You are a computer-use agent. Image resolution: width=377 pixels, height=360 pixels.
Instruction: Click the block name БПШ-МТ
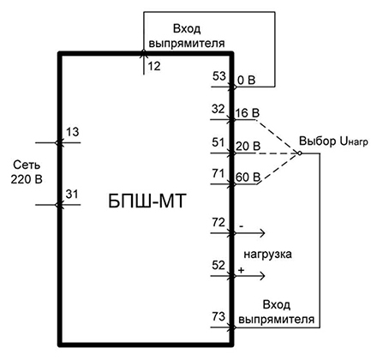point(147,201)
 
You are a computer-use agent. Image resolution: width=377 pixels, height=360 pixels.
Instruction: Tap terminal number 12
point(154,66)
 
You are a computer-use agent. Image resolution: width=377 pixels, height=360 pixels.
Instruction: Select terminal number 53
point(219,76)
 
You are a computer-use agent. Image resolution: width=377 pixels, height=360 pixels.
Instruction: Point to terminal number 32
point(218,109)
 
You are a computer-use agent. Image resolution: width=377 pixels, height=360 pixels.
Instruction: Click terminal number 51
point(218,142)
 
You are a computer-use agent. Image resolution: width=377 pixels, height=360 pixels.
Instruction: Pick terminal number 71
point(218,173)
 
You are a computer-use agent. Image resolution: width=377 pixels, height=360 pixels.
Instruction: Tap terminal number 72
point(218,222)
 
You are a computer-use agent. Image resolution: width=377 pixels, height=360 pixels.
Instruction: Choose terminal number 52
point(218,265)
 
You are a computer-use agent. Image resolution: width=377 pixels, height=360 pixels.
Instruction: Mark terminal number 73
point(218,316)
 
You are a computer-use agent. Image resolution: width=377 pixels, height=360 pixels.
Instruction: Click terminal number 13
point(72,132)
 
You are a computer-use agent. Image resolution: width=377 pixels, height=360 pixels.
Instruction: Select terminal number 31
point(72,195)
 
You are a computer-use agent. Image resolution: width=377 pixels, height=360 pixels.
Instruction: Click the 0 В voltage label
point(247,81)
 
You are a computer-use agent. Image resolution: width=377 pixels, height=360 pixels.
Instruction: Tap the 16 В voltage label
point(248,113)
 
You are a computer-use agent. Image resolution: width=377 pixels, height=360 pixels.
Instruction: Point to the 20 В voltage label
point(248,147)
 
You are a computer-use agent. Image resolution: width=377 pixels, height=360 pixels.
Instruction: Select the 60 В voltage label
point(248,177)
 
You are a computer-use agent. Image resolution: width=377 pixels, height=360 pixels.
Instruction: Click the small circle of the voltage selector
point(300,153)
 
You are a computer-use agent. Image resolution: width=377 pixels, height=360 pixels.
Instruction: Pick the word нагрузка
point(267,255)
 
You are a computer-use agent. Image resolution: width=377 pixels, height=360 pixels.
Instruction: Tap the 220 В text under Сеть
point(27,179)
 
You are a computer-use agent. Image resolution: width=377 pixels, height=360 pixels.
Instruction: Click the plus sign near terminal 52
point(242,270)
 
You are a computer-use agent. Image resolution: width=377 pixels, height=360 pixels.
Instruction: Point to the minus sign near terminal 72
point(242,226)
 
